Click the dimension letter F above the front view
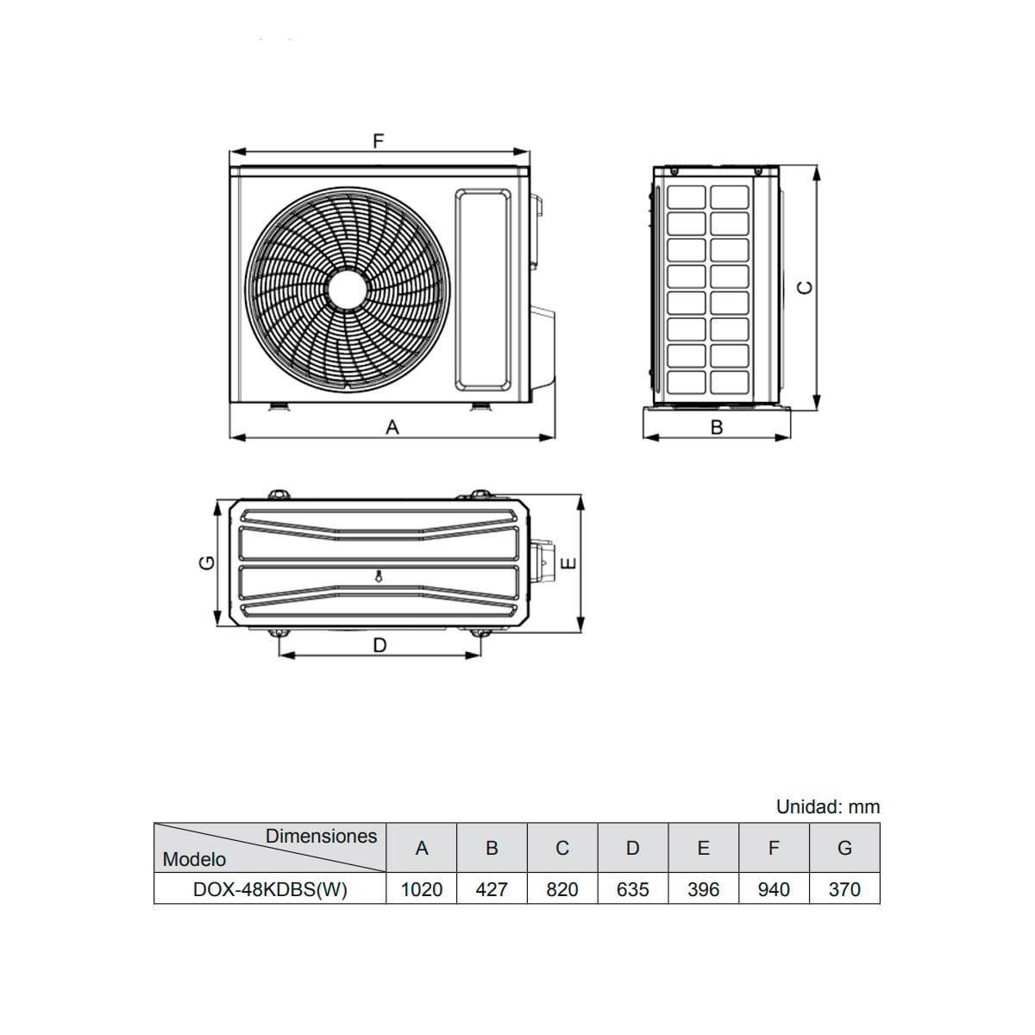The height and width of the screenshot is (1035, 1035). [379, 141]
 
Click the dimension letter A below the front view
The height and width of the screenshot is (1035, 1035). [392, 427]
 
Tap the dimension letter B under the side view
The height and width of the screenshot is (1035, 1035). [717, 427]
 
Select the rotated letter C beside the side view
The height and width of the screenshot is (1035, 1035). [805, 288]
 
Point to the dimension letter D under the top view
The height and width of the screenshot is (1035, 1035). [379, 645]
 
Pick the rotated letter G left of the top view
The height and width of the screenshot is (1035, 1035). [207, 562]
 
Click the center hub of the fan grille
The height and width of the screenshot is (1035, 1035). [347, 290]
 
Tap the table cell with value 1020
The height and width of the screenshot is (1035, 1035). [421, 889]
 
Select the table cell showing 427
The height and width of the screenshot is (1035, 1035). [492, 889]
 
